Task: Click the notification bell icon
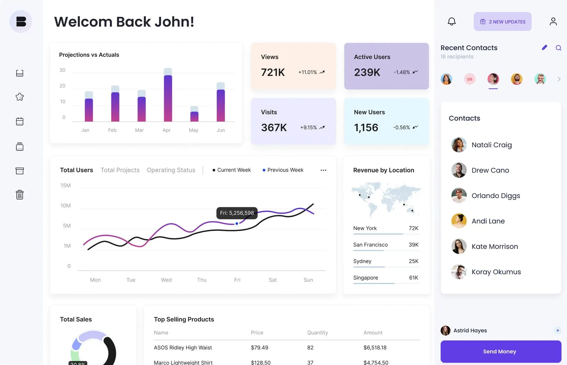(x=451, y=22)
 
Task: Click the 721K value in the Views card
(x=273, y=72)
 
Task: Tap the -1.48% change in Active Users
(x=402, y=72)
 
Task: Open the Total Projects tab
(x=120, y=170)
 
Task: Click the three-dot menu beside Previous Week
(x=323, y=170)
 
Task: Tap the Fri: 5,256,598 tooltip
(x=237, y=213)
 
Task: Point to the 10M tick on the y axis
(x=66, y=206)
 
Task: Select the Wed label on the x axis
(x=166, y=280)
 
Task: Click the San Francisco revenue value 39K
(x=413, y=245)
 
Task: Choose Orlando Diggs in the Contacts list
(x=495, y=196)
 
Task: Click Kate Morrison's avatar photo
(x=459, y=246)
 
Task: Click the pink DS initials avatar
(x=470, y=79)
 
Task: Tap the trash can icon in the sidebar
(x=20, y=195)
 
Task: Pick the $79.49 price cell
(x=259, y=348)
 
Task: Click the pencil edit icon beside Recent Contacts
(x=544, y=47)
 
